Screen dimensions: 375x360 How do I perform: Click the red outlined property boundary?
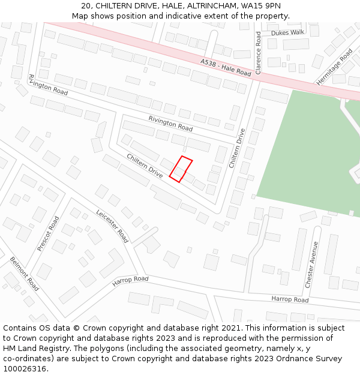coord(181,169)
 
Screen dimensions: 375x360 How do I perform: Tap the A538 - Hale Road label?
coord(226,67)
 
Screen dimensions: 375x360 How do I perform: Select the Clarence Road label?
coord(259,53)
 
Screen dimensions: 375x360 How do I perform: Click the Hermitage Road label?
coord(335,66)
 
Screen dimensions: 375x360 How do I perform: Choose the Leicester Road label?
coord(112,226)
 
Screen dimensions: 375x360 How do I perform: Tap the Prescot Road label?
coord(48,233)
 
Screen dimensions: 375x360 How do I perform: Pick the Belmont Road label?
coord(25,274)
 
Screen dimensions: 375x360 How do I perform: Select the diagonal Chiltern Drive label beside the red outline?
coord(145,166)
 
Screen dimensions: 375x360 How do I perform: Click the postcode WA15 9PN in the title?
coord(260,6)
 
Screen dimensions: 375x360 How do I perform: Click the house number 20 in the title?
coord(85,6)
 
